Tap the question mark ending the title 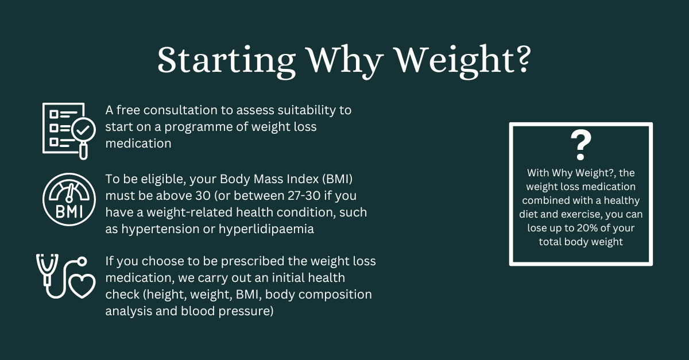[x=522, y=59]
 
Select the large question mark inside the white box [x=580, y=145]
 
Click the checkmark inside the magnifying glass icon [x=83, y=130]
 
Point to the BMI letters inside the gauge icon [x=69, y=212]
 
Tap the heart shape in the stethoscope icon [x=82, y=286]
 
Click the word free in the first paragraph [x=128, y=110]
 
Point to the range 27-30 [x=304, y=196]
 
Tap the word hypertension [x=160, y=230]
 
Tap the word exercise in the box [x=582, y=214]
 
